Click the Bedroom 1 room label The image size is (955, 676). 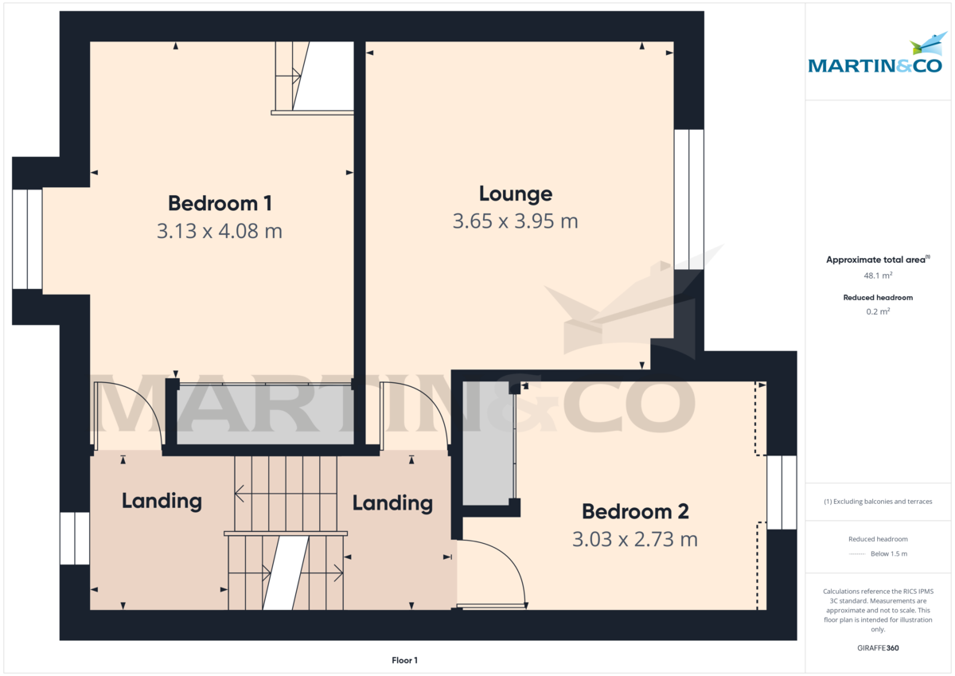pos(220,203)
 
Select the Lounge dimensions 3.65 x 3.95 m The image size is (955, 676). pos(515,221)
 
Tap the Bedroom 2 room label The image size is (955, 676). pos(634,511)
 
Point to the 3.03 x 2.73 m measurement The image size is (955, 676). pos(634,539)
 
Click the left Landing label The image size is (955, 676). pos(162,501)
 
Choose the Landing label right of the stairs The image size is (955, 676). pos(392,503)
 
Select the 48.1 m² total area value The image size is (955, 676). pos(878,275)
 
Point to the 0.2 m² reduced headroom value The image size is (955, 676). pos(878,311)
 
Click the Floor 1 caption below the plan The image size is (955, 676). pos(404,660)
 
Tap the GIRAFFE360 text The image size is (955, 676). pos(878,648)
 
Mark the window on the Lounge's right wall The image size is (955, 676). pos(688,197)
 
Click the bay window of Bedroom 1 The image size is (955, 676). pos(28,239)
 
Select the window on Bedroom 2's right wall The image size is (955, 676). pos(782,492)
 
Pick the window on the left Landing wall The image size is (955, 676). pos(75,538)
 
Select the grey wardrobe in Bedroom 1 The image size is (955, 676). pos(264,416)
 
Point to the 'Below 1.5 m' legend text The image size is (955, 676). pos(888,553)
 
